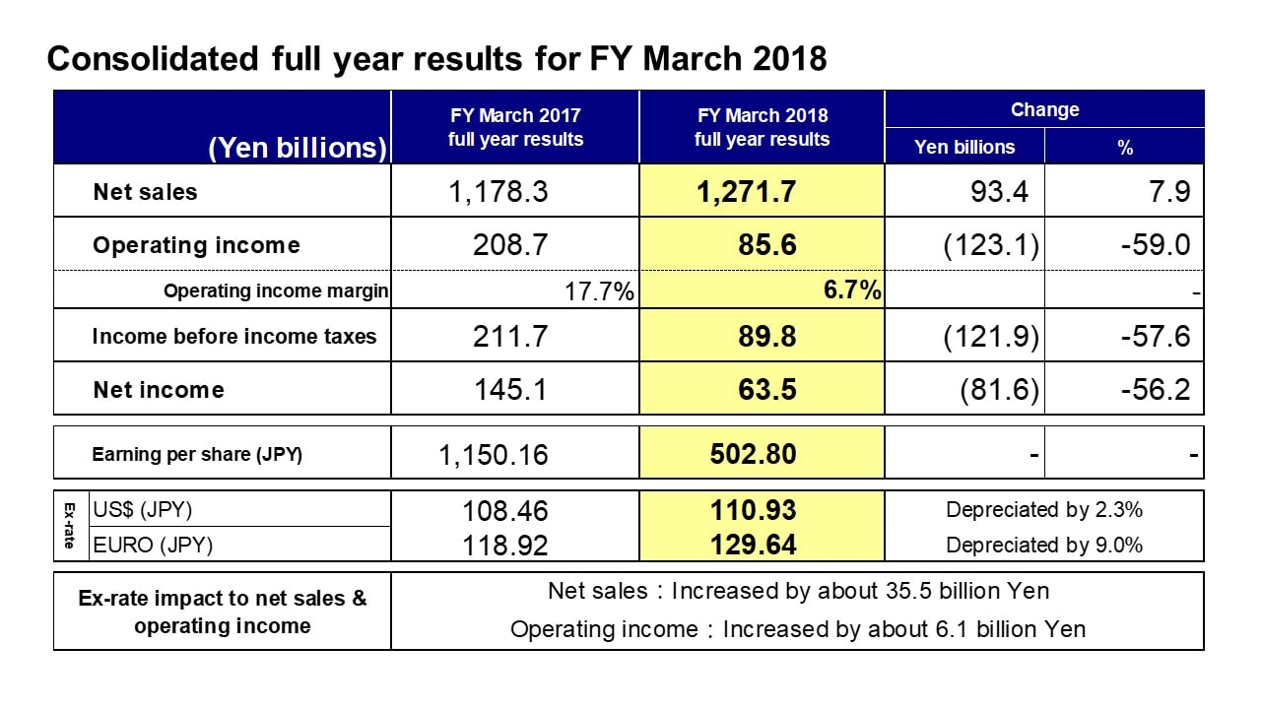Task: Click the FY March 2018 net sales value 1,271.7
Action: click(746, 192)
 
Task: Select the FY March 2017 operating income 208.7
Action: click(510, 245)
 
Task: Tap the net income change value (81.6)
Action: click(1000, 390)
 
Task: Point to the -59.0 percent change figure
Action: click(1155, 245)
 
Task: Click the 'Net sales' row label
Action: click(146, 192)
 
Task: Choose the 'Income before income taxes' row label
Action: click(233, 336)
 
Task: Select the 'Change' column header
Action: click(1044, 109)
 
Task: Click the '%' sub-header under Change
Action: click(1125, 148)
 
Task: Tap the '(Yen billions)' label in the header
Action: click(298, 148)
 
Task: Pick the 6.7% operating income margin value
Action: click(852, 290)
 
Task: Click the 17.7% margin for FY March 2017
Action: click(599, 291)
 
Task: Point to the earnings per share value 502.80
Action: click(753, 454)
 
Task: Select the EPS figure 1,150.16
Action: click(493, 455)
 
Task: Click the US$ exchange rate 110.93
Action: click(753, 510)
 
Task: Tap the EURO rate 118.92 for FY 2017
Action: click(504, 546)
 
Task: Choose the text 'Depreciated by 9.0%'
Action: click(1044, 546)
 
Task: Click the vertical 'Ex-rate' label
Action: click(69, 526)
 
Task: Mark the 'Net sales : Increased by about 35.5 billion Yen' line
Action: click(798, 591)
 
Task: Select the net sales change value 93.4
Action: click(999, 192)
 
